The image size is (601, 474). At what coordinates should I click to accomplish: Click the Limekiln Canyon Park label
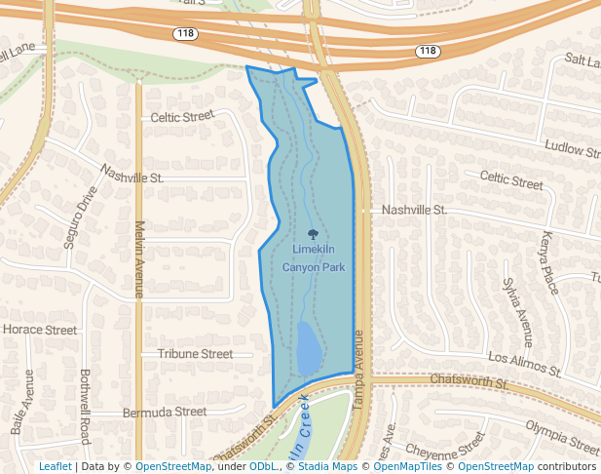[x=313, y=257]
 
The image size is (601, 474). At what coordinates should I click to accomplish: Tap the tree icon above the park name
[x=313, y=234]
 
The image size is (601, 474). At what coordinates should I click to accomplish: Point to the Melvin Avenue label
[x=138, y=259]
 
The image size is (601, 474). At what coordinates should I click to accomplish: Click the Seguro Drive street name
[x=81, y=217]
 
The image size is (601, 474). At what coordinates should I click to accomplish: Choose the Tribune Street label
[x=195, y=354]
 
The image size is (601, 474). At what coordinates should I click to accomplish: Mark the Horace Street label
[x=40, y=330]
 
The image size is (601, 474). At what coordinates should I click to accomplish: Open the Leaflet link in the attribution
[x=55, y=467]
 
